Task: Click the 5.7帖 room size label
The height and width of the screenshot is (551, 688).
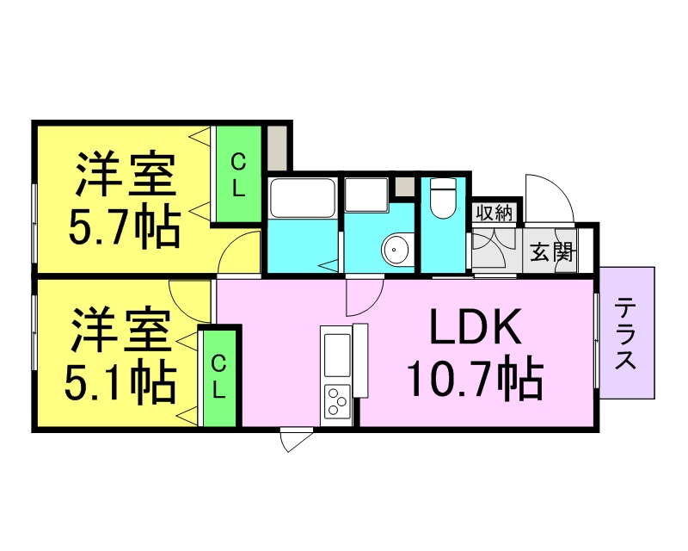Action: click(x=124, y=229)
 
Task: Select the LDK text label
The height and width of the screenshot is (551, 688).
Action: click(x=476, y=327)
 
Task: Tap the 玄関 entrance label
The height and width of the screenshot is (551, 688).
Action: click(x=552, y=251)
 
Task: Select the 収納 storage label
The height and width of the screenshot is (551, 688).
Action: click(x=494, y=214)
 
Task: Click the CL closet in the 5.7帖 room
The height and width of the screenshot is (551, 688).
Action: click(x=239, y=175)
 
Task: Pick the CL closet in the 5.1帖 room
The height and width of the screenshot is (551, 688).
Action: click(x=218, y=377)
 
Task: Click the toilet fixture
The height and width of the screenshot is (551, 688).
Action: click(x=442, y=198)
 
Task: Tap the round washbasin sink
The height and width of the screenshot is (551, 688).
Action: click(x=397, y=249)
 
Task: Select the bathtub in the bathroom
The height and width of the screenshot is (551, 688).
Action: click(x=303, y=198)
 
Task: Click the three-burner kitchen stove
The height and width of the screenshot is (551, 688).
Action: click(x=337, y=401)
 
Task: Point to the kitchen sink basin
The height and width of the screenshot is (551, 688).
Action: click(x=337, y=355)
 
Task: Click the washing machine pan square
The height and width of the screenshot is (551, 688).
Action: click(x=366, y=195)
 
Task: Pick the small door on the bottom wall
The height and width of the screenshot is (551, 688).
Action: click(x=296, y=439)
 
